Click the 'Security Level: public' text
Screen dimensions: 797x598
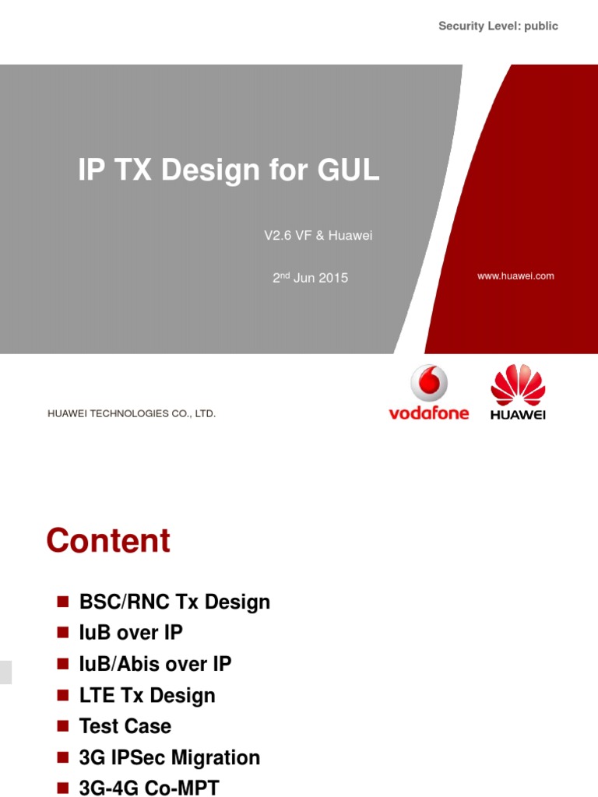coord(498,26)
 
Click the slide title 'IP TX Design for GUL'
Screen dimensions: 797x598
coord(229,170)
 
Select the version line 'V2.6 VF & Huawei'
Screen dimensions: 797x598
coord(318,236)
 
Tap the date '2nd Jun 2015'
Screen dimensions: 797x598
coord(310,278)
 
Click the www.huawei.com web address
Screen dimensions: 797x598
coord(515,276)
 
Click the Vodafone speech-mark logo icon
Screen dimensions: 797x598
coord(429,384)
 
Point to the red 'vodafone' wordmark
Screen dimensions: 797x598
coord(429,413)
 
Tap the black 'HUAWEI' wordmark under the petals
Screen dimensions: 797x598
coord(518,415)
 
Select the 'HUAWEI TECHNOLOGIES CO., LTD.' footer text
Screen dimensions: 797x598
coord(132,414)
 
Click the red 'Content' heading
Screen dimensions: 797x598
coord(108,541)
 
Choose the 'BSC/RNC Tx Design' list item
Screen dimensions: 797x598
coord(174,602)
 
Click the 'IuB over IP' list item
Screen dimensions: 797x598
coord(131,633)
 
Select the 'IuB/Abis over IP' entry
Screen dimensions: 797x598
coord(155,664)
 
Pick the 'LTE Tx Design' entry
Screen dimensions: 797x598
coord(147,695)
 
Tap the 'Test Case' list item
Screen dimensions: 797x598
coord(125,726)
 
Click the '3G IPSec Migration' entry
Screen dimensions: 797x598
coord(169,757)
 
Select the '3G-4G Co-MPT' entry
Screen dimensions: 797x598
coord(149,788)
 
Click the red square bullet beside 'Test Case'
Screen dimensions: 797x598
coord(64,726)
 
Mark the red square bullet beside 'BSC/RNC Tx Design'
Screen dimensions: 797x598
coord(64,602)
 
